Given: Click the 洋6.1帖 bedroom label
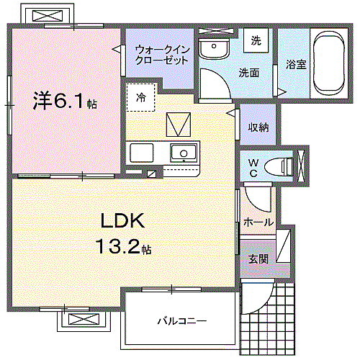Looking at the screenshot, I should [63, 102].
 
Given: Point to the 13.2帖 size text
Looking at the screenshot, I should [124, 249].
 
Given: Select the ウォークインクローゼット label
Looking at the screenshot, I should [162, 55].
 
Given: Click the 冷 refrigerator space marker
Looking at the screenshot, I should [141, 98].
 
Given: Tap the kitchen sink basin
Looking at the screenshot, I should [183, 153].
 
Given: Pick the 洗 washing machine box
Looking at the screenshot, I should [256, 42].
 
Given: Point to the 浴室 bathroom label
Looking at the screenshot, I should [296, 64].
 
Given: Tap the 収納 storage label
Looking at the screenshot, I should [258, 127].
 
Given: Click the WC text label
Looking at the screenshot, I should [254, 167].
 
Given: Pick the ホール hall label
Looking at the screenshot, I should [259, 222].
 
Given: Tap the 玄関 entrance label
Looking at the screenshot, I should [258, 258].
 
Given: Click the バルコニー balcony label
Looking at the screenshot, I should [182, 320].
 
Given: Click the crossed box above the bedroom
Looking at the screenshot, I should [51, 15].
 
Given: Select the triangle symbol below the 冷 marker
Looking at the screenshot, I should [176, 125].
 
